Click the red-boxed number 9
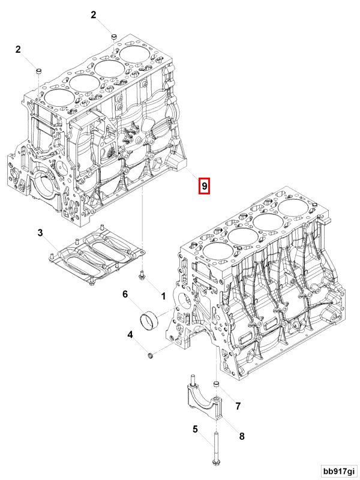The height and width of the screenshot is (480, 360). point(205,187)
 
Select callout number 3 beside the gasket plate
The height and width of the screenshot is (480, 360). point(40,232)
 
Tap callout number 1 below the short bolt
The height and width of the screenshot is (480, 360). point(162,296)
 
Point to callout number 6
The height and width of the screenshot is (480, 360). point(125,294)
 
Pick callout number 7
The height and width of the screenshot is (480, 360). point(238,406)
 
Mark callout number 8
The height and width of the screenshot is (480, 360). point(242,436)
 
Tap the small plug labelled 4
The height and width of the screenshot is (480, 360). point(151,358)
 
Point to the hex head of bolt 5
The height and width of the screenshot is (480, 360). point(215,461)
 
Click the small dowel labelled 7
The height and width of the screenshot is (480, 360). point(217,384)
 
